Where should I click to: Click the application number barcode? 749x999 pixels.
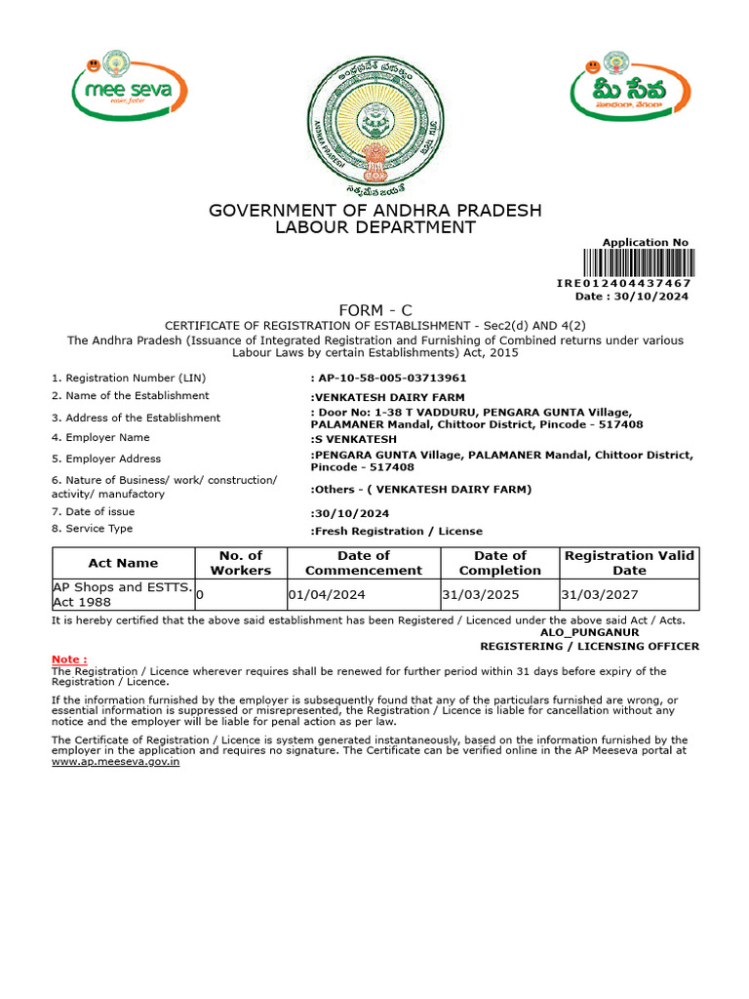point(639,263)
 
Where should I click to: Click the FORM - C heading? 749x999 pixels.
point(374,311)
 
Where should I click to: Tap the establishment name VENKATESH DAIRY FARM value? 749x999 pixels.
point(388,397)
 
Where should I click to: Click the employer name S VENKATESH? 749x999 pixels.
point(354,439)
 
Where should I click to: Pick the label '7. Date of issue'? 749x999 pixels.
point(94,511)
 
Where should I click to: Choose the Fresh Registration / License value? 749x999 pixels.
point(397,531)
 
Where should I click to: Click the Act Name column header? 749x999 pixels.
point(123,563)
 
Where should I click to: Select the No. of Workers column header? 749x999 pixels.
point(241,563)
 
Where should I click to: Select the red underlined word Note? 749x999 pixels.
point(68,659)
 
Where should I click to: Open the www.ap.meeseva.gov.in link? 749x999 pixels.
point(115,762)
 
